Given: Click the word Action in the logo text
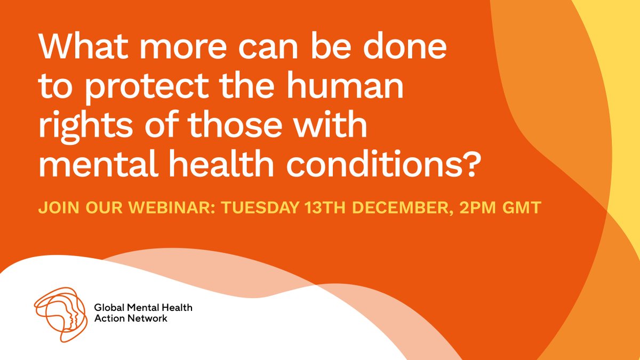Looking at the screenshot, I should click(107, 318).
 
